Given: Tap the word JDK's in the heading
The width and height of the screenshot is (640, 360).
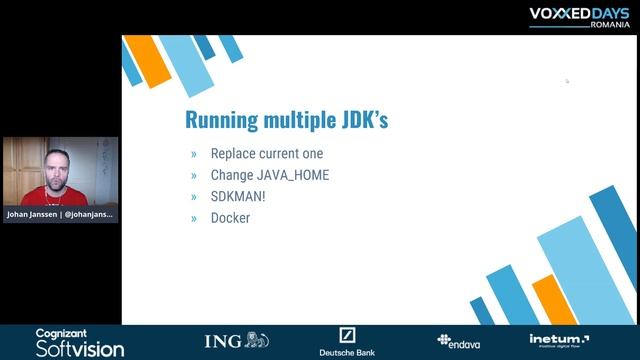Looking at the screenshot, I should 359,121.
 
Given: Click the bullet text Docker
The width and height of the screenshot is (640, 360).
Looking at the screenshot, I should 230,217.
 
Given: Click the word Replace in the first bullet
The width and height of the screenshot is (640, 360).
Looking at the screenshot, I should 234,154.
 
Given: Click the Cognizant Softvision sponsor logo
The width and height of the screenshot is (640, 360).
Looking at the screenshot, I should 80,343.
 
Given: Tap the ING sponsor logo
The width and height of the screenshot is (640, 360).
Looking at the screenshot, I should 237,341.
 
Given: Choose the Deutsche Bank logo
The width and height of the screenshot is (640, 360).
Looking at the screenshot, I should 347,342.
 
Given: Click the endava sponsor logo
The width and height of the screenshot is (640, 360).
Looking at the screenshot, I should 459,341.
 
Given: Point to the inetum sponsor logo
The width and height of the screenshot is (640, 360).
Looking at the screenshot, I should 559,341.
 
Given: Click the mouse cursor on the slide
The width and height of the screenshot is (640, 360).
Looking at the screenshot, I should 567,81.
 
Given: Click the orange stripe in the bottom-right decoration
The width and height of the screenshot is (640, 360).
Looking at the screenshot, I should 554,300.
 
